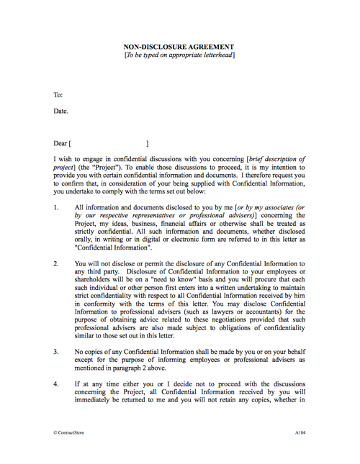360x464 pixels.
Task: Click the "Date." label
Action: [61, 112]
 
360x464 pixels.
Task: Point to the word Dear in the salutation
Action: [60, 144]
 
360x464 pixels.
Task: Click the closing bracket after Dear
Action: [148, 144]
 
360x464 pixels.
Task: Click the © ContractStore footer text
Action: [71, 435]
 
